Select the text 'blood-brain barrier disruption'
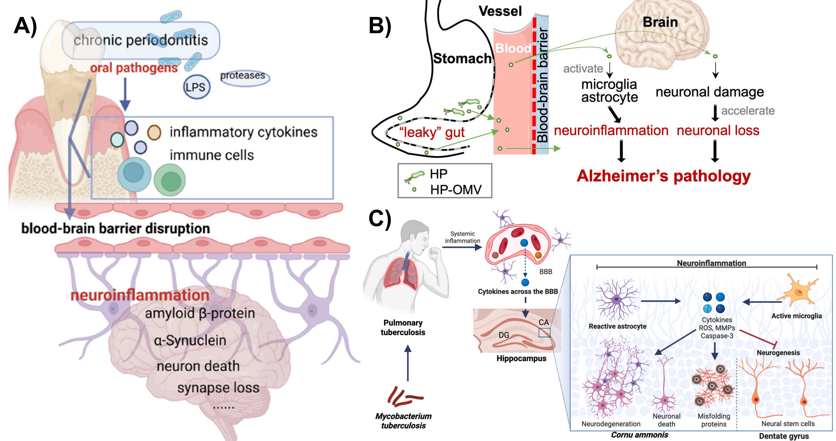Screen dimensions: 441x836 (115, 228)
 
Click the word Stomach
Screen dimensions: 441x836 (462, 58)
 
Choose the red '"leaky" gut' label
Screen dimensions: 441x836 (432, 132)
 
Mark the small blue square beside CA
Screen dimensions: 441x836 (544, 333)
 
